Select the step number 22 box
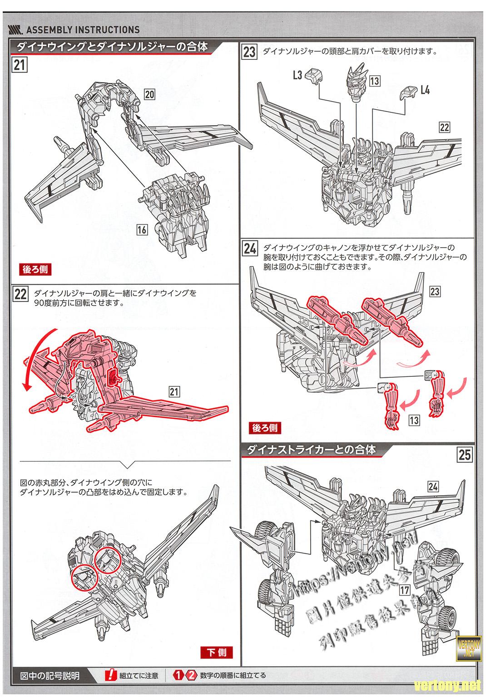coord(21,294)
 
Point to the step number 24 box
coord(250,249)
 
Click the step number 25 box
coord(465,454)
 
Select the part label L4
coord(425,90)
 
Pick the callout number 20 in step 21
coord(150,94)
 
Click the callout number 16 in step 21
coord(142,230)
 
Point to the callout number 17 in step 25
coord(405,590)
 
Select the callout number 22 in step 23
coord(444,127)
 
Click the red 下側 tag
coord(216,653)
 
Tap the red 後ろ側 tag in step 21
coord(34,269)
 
